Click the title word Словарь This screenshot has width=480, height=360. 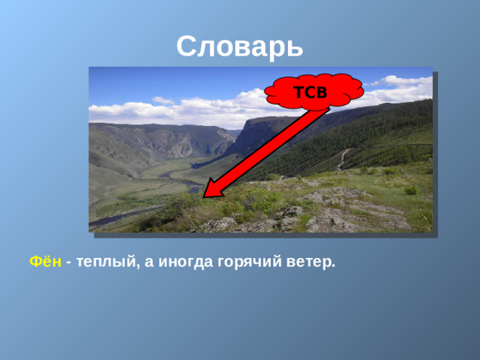pos(240,47)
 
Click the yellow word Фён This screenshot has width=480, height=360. pos(44,262)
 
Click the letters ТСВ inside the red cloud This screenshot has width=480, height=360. pos(310,93)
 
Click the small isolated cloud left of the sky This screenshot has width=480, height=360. pos(162,100)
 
